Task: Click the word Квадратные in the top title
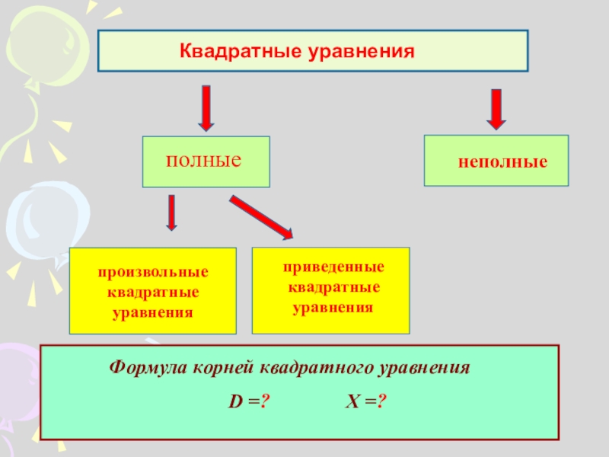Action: pos(240,52)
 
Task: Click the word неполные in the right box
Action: pos(502,163)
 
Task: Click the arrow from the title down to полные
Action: pos(206,107)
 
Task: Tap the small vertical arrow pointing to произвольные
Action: pos(172,213)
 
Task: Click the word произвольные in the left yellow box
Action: pos(152,272)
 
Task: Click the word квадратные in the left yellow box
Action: pos(152,292)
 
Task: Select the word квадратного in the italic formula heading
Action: pos(315,367)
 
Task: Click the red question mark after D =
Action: pos(266,401)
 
